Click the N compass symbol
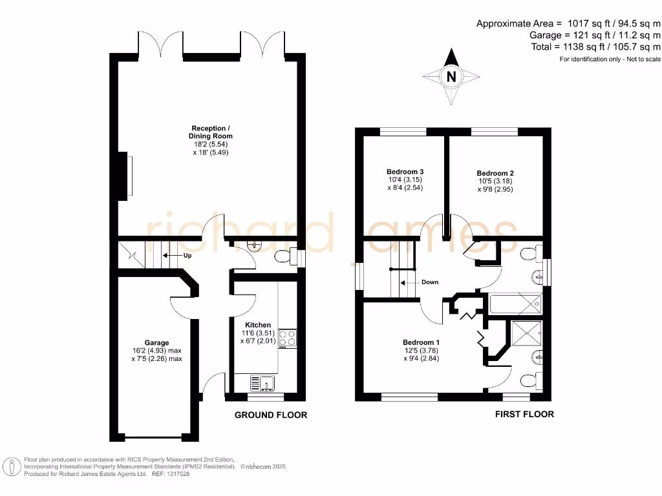tap(452, 77)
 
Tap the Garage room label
tap(156, 343)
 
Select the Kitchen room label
tap(257, 325)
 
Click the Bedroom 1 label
tap(421, 342)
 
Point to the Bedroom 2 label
tap(495, 173)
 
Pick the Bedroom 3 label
tap(405, 171)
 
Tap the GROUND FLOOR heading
tap(270, 415)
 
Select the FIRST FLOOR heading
tap(524, 414)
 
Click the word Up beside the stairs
tap(188, 255)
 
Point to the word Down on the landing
tap(429, 282)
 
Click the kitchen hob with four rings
tap(288, 338)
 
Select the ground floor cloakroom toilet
tap(282, 257)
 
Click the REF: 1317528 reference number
tap(171, 473)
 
